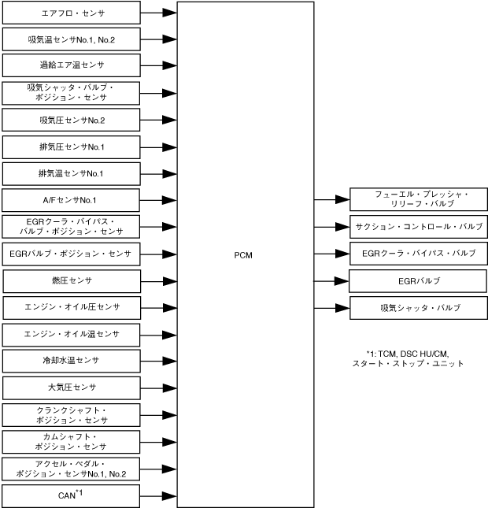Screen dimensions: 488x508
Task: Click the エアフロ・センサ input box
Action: (x=72, y=13)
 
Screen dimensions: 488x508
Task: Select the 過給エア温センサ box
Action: (x=72, y=65)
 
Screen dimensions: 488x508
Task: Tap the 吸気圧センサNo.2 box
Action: (x=72, y=120)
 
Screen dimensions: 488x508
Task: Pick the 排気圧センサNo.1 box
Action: (x=72, y=147)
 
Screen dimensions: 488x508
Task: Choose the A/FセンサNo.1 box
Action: (x=72, y=200)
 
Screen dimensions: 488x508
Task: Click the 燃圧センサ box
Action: (x=72, y=281)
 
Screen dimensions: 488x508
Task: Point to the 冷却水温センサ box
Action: (x=72, y=361)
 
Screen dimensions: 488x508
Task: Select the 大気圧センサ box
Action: (x=72, y=387)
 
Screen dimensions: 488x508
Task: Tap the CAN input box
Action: (x=72, y=495)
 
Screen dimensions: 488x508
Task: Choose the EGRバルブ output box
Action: (x=418, y=280)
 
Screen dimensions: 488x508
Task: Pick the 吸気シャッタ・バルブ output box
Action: (x=418, y=307)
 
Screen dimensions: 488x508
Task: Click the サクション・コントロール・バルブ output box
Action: (x=418, y=226)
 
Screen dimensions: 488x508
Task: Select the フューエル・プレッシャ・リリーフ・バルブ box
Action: (x=418, y=199)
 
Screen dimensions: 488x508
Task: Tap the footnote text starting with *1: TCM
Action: (x=409, y=358)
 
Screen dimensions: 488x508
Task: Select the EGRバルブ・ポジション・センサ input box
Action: (x=72, y=254)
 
